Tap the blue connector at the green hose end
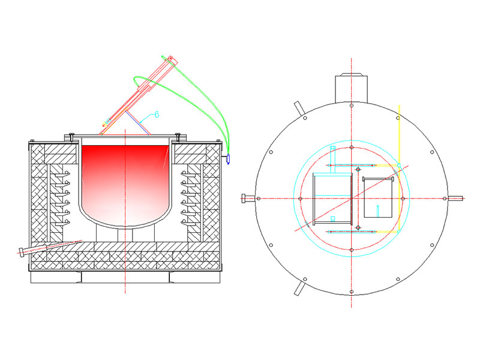click(228, 159)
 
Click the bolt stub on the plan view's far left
click(247, 198)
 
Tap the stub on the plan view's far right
click(455, 198)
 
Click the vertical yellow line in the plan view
click(400, 138)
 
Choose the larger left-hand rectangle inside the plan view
click(332, 197)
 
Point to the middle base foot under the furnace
click(124, 277)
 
